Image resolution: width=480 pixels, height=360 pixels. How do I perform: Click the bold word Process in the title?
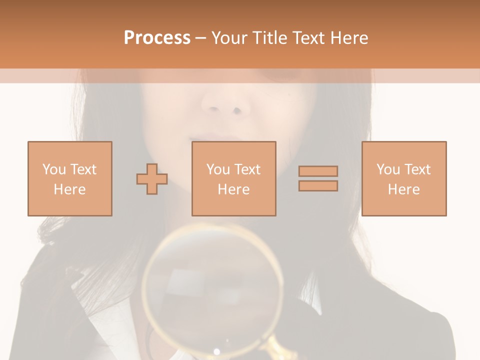click(x=157, y=38)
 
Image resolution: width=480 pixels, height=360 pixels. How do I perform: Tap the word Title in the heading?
click(x=270, y=38)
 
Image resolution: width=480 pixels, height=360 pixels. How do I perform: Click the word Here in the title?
click(x=348, y=38)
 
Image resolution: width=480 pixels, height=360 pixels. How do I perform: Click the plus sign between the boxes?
click(x=152, y=179)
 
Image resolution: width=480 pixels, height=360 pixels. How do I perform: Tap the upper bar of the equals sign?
click(x=318, y=171)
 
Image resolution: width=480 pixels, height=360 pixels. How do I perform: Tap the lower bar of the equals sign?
click(x=318, y=185)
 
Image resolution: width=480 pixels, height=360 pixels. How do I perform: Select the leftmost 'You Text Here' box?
click(x=69, y=178)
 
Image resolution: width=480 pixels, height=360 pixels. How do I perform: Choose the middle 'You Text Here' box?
click(x=233, y=178)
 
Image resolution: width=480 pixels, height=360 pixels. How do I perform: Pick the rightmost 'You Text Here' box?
click(x=404, y=178)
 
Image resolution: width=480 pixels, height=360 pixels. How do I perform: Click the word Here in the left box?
click(x=69, y=189)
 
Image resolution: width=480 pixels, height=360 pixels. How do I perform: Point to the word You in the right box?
click(x=387, y=169)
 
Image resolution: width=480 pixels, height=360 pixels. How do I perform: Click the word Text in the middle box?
click(x=247, y=169)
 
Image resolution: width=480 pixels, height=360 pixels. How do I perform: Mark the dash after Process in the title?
click(x=200, y=38)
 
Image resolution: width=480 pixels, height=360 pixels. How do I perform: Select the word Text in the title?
click(x=308, y=38)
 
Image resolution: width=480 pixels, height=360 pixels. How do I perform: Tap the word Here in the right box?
click(x=404, y=189)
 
